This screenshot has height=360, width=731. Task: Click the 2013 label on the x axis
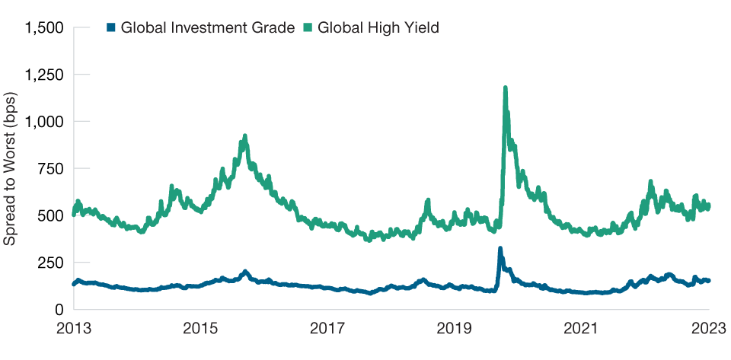[x=74, y=329]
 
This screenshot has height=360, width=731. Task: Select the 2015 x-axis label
[x=201, y=329]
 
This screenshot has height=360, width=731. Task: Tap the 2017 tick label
[x=328, y=329]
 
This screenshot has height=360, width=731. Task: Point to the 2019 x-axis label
[x=455, y=329]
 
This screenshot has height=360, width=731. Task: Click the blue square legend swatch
[x=110, y=28]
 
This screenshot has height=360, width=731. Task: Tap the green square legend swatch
[x=308, y=28]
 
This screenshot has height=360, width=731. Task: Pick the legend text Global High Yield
[x=378, y=28]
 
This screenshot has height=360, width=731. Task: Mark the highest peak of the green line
[x=505, y=88]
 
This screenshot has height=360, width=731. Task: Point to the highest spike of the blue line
[x=500, y=248]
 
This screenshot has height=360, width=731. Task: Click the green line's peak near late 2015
[x=244, y=136]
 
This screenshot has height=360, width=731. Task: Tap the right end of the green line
[x=709, y=205]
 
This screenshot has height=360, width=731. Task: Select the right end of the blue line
[x=709, y=281]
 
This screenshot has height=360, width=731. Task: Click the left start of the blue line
[x=74, y=284]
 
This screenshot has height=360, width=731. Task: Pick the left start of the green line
[x=74, y=214]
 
